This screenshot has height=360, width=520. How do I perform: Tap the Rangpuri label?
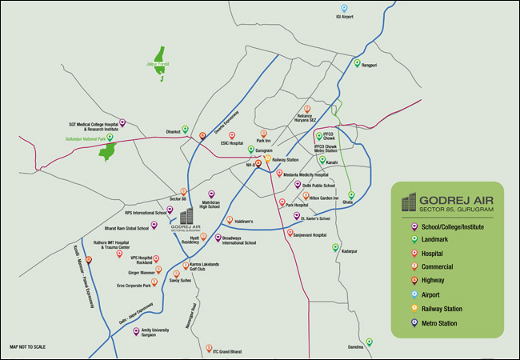point(369,65)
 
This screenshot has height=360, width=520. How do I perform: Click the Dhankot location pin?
point(186,130)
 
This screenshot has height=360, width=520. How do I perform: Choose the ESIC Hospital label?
point(231,144)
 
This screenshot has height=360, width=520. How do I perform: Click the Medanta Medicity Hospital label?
point(306,174)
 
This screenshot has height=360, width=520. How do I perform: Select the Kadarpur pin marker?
point(336,247)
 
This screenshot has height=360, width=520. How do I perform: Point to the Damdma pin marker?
point(370,342)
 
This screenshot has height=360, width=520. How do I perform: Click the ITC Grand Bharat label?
point(227,353)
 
